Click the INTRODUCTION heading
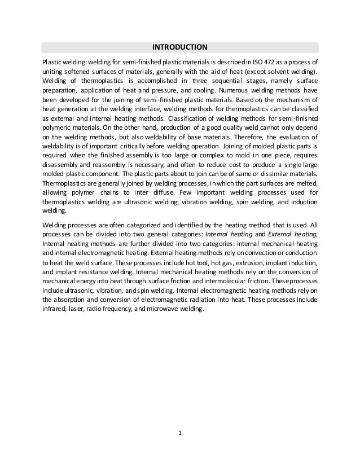[x=181, y=47]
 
